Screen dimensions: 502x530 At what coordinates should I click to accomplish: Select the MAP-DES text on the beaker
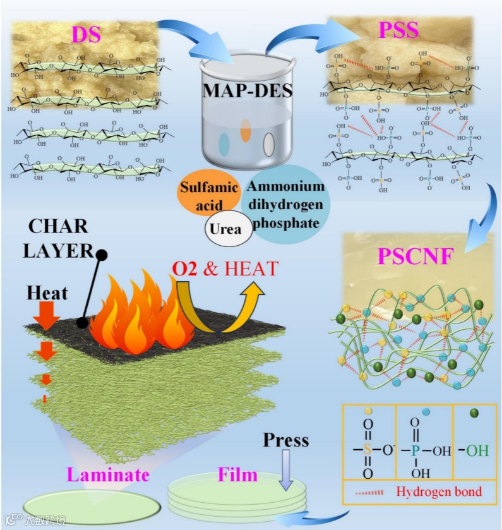coord(248,90)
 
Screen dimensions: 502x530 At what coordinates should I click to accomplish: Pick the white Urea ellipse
coord(225,229)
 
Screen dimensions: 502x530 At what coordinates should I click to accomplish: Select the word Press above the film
coord(286,440)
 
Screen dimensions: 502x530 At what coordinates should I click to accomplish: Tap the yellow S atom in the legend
coord(368,451)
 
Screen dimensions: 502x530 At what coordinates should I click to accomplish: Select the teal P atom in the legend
coord(414,452)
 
